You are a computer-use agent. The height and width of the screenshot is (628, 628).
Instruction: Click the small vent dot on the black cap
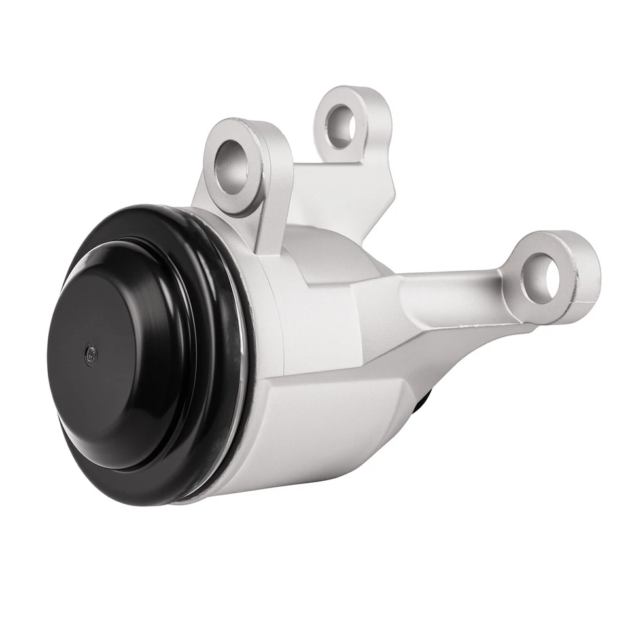pos(90,353)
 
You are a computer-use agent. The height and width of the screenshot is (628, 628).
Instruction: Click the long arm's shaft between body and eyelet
pos(451,298)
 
